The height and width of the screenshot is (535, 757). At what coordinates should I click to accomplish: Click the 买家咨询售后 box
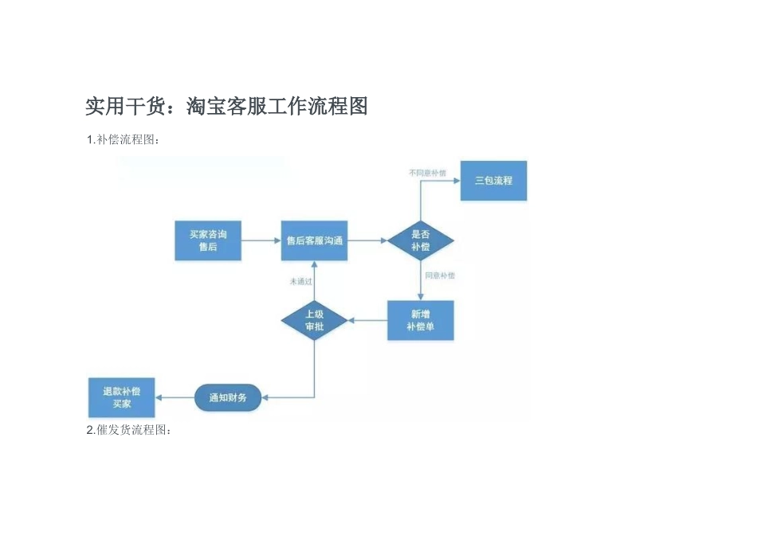click(x=207, y=240)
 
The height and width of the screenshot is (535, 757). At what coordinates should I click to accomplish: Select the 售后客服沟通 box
click(x=314, y=240)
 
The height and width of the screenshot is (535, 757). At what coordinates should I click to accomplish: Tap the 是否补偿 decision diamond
click(x=420, y=240)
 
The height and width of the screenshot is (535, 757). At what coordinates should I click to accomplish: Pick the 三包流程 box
click(x=493, y=181)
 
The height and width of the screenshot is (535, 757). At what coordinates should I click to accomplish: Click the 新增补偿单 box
click(x=420, y=320)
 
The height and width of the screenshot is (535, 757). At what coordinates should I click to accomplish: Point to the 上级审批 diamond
click(x=314, y=320)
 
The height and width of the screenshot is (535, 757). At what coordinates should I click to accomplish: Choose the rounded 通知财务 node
click(x=228, y=397)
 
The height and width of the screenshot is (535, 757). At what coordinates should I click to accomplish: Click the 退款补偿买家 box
click(x=121, y=397)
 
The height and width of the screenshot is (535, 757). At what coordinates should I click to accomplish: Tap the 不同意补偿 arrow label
click(x=427, y=172)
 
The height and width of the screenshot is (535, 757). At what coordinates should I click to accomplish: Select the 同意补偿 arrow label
click(x=439, y=275)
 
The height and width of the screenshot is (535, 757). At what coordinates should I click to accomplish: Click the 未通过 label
click(x=300, y=281)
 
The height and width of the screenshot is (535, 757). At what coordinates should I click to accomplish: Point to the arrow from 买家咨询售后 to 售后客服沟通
click(x=260, y=240)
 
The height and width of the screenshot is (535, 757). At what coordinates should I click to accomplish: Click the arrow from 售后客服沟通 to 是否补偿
click(x=367, y=240)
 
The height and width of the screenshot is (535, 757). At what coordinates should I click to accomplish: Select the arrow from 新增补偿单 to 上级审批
click(x=367, y=321)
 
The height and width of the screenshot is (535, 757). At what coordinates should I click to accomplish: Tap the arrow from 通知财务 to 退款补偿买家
click(x=175, y=397)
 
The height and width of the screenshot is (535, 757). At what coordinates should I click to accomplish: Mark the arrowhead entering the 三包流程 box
click(x=457, y=181)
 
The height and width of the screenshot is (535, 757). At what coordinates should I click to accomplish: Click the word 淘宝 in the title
click(x=206, y=106)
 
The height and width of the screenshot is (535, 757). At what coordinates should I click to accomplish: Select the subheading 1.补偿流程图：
click(x=124, y=140)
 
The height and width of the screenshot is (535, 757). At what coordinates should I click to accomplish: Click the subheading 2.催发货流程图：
click(x=128, y=430)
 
